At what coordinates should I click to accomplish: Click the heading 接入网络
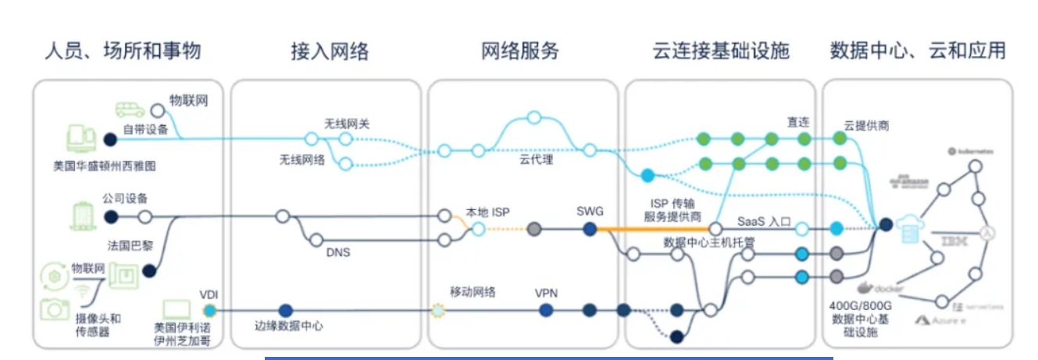329,52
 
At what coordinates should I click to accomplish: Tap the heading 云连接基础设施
720,52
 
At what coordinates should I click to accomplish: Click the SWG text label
590,211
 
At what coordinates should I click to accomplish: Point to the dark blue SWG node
590,229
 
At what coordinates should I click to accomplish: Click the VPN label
545,293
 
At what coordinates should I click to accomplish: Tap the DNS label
337,252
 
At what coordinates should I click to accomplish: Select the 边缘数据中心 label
288,326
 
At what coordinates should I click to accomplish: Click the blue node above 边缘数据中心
286,310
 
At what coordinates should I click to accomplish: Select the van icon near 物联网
130,109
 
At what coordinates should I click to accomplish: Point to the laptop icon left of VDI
179,310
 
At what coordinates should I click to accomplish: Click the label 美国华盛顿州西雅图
100,166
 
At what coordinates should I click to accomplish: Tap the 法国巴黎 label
130,245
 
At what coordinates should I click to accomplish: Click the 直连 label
797,122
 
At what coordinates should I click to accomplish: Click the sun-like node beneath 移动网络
437,311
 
